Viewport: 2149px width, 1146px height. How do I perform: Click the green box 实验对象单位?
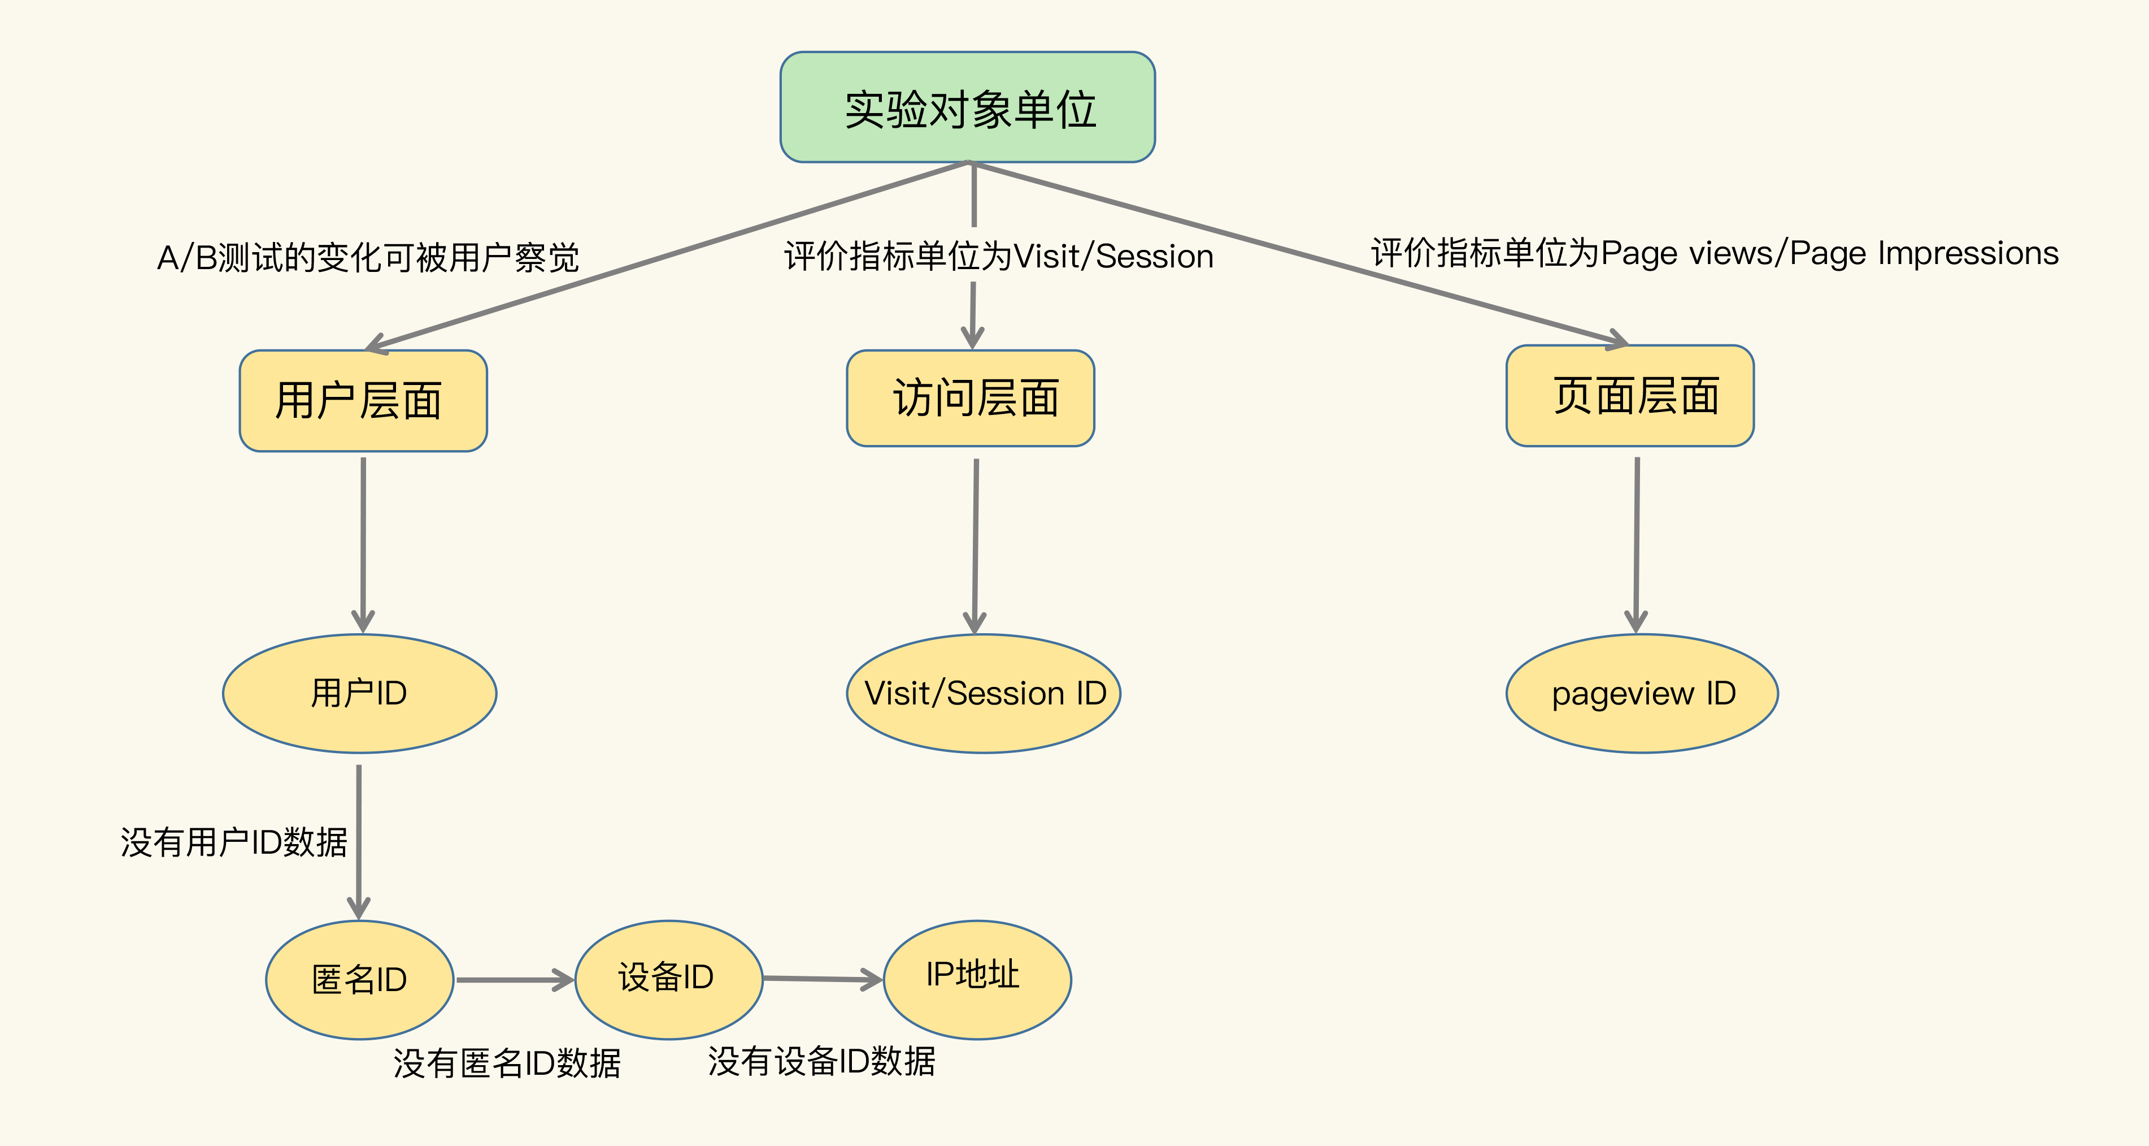pyautogui.click(x=968, y=107)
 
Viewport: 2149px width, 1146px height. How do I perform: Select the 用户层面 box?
pyautogui.click(x=363, y=401)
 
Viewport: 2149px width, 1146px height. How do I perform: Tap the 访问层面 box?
pyautogui.click(x=970, y=398)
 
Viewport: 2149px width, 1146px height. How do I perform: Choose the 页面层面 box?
pyautogui.click(x=1629, y=396)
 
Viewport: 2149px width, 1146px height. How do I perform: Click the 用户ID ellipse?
pyautogui.click(x=359, y=694)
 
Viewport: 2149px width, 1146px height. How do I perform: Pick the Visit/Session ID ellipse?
pyautogui.click(x=984, y=694)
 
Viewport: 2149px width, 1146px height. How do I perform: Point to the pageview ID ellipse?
pyautogui.click(x=1642, y=694)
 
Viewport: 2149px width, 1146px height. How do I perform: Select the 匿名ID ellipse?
pyautogui.click(x=359, y=980)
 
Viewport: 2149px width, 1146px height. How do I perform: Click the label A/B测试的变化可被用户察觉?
pyautogui.click(x=368, y=257)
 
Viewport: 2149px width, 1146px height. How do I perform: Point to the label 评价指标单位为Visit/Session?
pyautogui.click(x=999, y=256)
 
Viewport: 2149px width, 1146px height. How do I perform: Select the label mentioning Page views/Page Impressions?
pyautogui.click(x=1715, y=253)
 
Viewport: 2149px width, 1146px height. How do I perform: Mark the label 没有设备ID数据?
pyautogui.click(x=822, y=1061)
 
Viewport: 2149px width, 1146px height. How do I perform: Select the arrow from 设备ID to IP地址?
pyautogui.click(x=823, y=978)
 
